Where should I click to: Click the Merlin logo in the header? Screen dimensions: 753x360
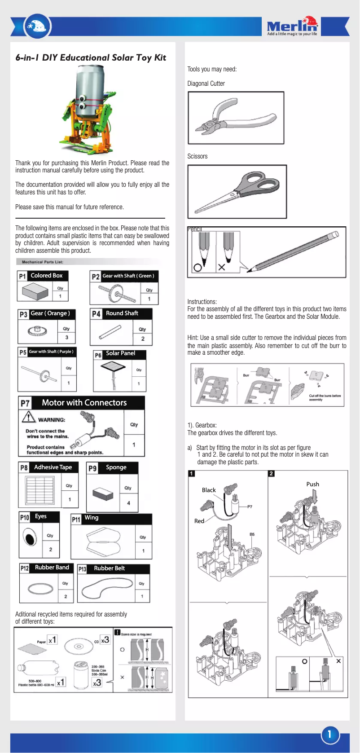point(292,26)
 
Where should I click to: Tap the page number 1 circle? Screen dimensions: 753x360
point(329,735)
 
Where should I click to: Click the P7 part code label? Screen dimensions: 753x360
point(25,403)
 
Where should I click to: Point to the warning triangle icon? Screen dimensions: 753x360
point(29,417)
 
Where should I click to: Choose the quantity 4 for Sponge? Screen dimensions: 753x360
point(129,503)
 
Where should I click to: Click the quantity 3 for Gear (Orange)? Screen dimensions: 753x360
point(66,337)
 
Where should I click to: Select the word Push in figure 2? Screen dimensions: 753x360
point(312,484)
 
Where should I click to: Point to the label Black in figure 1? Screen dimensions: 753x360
point(209,490)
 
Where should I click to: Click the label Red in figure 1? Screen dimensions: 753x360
point(199,521)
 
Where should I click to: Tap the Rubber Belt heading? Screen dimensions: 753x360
point(109,568)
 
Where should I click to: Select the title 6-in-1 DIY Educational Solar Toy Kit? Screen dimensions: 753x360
point(91,57)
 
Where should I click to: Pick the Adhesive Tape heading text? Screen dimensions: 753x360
point(53,467)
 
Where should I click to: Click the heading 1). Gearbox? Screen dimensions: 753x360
point(202,425)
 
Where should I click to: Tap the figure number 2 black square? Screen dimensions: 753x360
point(271,473)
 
